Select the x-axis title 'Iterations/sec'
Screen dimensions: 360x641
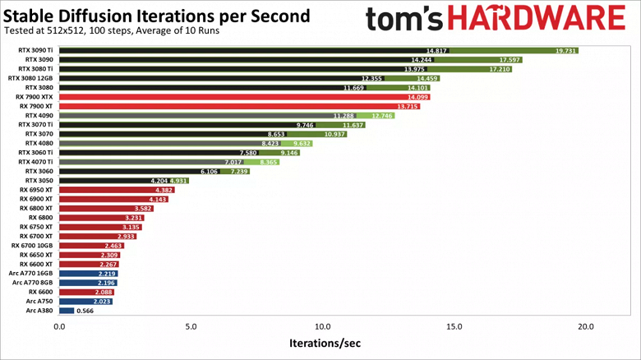[324, 343]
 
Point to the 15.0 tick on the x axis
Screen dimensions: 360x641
[454, 326]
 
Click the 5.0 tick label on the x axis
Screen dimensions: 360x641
[191, 326]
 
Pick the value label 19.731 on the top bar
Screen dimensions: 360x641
[565, 51]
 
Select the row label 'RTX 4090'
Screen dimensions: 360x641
[39, 116]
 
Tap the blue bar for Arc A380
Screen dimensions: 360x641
[66, 311]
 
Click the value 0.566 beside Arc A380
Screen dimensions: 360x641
[83, 311]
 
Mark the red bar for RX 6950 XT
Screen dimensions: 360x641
[115, 190]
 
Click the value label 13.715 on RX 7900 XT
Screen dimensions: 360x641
[408, 107]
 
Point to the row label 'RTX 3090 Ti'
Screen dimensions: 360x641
[36, 51]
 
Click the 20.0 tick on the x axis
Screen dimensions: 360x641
[586, 326]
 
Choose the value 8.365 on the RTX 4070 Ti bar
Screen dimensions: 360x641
[268, 162]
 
